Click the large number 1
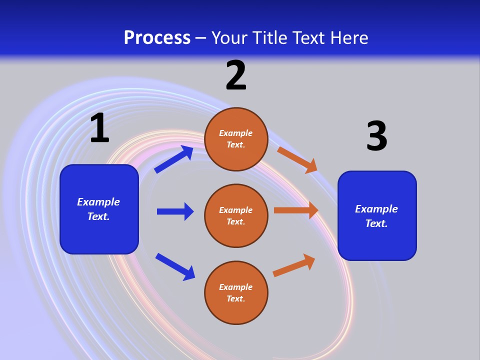99,128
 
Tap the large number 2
236,76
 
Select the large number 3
376,136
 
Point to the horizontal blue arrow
175,211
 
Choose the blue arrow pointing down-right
175,266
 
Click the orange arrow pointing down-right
297,160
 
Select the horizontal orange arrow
296,210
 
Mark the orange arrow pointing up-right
294,265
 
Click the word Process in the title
157,38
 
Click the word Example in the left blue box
98,202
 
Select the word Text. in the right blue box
376,223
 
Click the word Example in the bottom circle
236,287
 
